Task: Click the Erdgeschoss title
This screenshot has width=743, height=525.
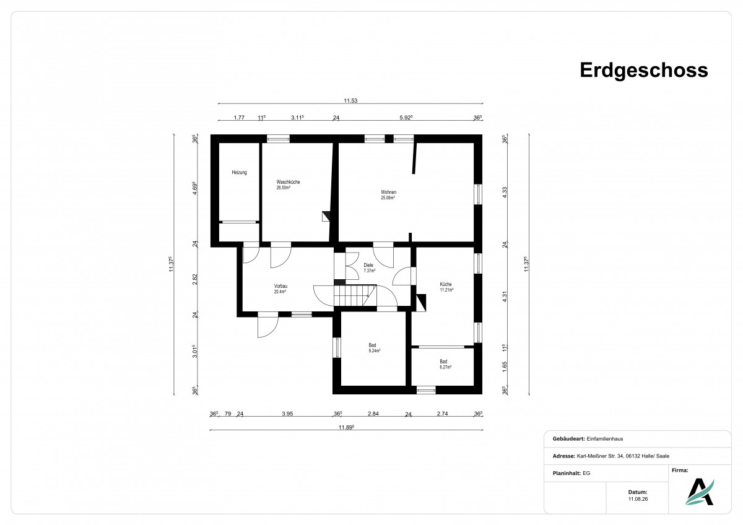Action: click(643, 71)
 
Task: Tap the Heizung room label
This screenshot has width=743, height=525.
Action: click(239, 173)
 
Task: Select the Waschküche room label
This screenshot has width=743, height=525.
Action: click(288, 184)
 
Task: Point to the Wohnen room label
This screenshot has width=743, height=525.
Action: click(388, 194)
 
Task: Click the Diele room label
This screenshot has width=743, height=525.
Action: click(369, 267)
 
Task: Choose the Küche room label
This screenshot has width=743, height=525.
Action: click(446, 287)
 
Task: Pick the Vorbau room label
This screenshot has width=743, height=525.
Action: click(280, 289)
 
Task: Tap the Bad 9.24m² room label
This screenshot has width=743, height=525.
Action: click(374, 347)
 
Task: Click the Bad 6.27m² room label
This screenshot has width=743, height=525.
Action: click(445, 364)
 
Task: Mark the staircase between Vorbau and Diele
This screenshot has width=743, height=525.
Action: click(355, 295)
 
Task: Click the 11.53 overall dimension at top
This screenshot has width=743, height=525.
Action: click(350, 100)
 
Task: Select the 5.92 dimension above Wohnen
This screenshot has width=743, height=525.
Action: click(406, 118)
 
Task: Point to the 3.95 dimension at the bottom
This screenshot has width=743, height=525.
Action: click(287, 414)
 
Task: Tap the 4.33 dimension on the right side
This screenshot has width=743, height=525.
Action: click(505, 193)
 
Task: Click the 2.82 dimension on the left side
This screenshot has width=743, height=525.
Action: click(194, 279)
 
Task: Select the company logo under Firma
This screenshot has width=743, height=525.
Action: click(700, 492)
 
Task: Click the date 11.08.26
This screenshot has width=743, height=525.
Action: click(638, 499)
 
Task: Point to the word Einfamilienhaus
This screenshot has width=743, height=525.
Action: click(605, 439)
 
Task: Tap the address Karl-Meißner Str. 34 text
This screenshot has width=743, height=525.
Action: click(600, 456)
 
